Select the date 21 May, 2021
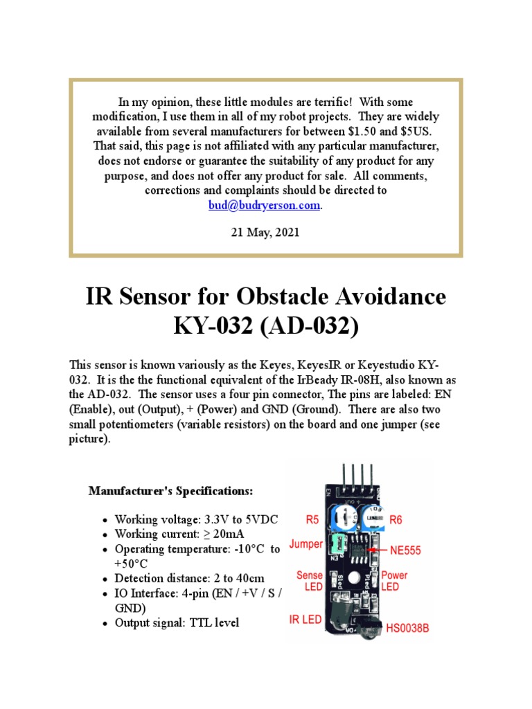(x=265, y=233)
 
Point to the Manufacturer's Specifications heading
(x=171, y=491)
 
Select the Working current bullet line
(x=179, y=534)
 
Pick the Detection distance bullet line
(x=189, y=577)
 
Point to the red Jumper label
(x=305, y=544)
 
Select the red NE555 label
(x=405, y=551)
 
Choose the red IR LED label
(x=305, y=620)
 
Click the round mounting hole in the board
(x=356, y=577)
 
